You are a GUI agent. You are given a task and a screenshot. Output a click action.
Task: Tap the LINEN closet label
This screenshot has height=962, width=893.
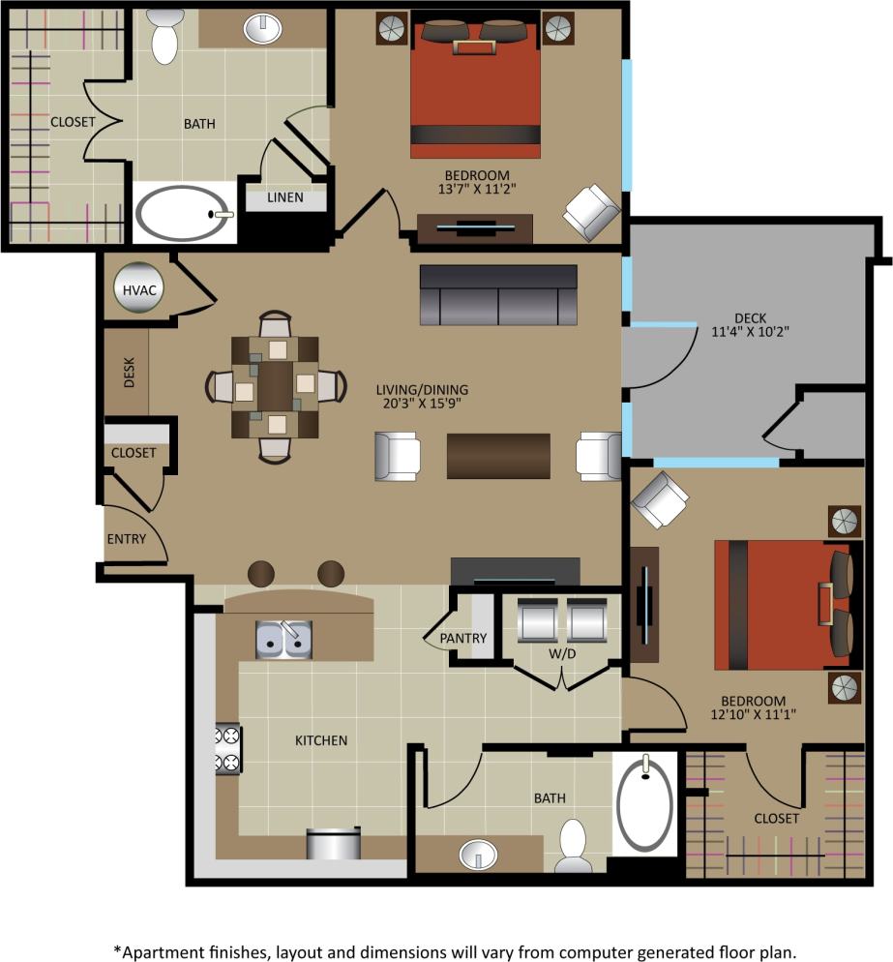284,198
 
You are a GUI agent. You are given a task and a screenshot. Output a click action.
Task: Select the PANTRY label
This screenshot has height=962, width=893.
462,638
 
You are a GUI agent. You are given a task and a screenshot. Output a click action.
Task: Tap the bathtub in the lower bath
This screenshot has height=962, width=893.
644,802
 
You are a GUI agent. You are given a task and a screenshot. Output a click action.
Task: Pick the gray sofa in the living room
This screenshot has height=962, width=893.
498,295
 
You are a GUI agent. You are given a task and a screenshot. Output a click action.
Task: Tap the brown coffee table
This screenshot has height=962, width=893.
498,456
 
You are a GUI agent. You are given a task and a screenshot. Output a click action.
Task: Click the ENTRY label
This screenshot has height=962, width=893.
126,539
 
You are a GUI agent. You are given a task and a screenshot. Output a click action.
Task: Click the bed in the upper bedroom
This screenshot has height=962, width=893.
474,87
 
